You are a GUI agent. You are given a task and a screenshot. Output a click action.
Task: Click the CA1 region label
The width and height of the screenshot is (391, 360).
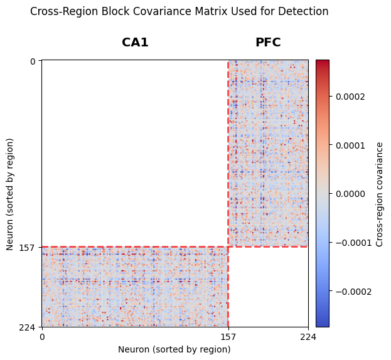(x=135, y=43)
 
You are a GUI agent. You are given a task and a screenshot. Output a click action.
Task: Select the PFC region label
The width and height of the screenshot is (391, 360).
(x=268, y=43)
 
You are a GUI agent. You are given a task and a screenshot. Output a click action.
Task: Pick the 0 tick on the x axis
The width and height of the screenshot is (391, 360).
(x=42, y=337)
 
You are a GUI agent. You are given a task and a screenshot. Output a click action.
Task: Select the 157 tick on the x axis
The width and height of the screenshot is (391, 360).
(x=228, y=337)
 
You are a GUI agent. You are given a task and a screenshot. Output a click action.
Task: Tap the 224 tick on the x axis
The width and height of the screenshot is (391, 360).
(x=308, y=337)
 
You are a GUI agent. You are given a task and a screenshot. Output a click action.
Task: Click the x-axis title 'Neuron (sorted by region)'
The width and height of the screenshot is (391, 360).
(x=174, y=349)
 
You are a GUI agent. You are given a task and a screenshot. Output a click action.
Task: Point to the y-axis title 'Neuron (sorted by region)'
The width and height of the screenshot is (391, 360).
(x=10, y=193)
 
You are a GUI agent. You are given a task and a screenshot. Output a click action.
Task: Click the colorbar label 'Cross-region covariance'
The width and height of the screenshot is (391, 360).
(x=379, y=193)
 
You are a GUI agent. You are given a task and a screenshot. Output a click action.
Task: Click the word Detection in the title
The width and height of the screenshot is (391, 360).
(x=303, y=11)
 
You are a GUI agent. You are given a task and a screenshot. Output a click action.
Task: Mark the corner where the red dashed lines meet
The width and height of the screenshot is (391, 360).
(x=228, y=246)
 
